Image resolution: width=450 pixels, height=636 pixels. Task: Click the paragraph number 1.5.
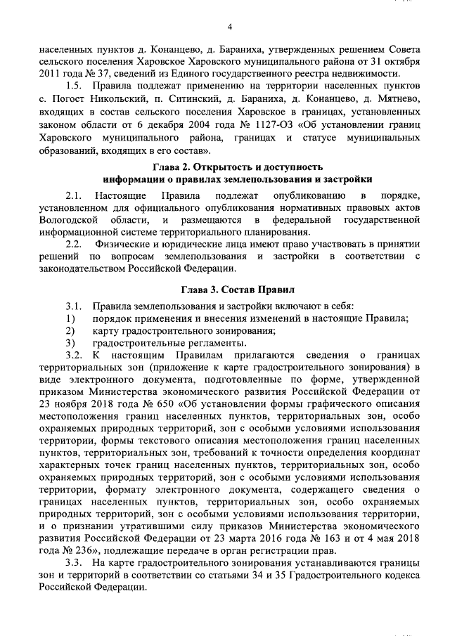tap(75, 86)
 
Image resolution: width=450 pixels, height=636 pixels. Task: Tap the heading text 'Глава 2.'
tap(174, 167)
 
